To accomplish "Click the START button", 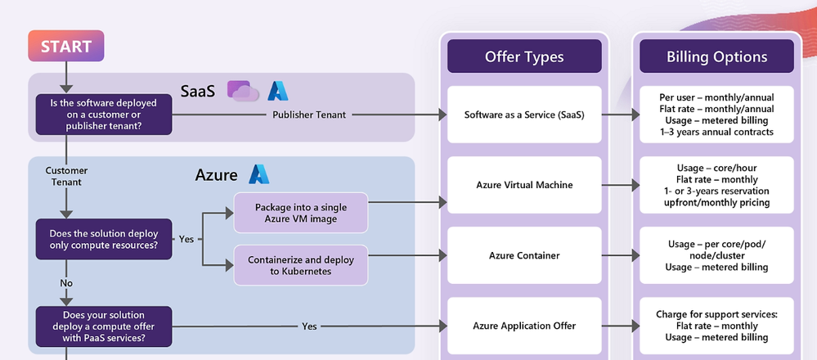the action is [x=66, y=46].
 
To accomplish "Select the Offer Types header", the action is [x=524, y=56].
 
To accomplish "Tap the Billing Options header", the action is [x=716, y=56].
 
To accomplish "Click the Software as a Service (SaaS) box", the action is [x=524, y=115].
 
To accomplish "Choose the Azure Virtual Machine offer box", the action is [x=524, y=185].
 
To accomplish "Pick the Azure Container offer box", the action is [x=524, y=255].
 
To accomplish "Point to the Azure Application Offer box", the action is [x=524, y=326].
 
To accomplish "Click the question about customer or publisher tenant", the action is [x=104, y=115].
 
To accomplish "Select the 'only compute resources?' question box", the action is [x=104, y=239].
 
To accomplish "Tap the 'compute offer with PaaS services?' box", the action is [x=104, y=326].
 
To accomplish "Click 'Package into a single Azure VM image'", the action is [x=301, y=213].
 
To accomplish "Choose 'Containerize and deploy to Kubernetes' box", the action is [x=301, y=265].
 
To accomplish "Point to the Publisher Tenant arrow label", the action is [x=309, y=115].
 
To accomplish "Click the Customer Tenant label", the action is [x=66, y=176].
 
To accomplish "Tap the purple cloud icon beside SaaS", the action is [x=243, y=91].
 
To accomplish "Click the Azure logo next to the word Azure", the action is [x=259, y=174].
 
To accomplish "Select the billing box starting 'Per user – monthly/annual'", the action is [x=716, y=115].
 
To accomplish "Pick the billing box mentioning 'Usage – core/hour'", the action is [x=716, y=185].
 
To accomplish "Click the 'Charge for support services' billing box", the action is [x=716, y=326].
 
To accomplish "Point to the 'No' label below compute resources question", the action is [x=66, y=283].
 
